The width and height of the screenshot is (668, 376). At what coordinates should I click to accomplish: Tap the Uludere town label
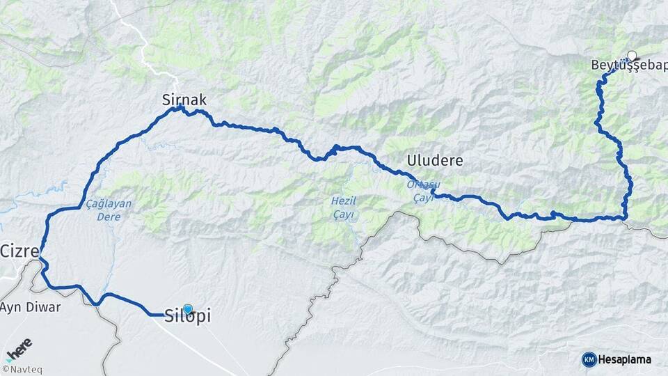436,161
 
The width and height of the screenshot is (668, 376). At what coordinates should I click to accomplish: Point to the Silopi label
188,316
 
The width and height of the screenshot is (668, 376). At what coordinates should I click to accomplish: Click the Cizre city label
19,251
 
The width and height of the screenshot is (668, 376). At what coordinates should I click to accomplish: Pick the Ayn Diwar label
31,307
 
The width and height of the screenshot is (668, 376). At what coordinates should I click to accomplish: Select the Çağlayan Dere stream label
109,210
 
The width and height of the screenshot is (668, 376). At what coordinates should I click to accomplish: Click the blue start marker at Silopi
187,308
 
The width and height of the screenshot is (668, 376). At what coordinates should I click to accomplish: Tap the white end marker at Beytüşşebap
632,55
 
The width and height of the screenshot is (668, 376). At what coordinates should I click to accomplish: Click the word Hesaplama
625,360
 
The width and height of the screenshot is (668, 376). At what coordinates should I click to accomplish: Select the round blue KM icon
589,359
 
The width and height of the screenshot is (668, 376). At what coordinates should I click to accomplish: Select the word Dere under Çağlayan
109,217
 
